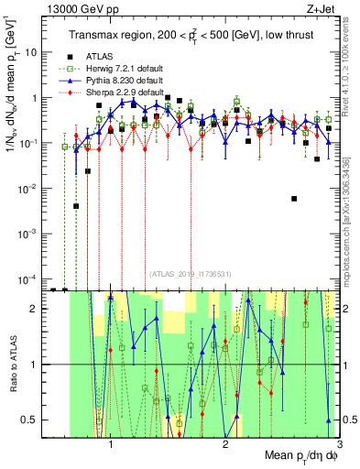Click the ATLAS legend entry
(100, 57)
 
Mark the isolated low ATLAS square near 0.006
(294, 198)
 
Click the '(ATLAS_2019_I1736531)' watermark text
(194, 273)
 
